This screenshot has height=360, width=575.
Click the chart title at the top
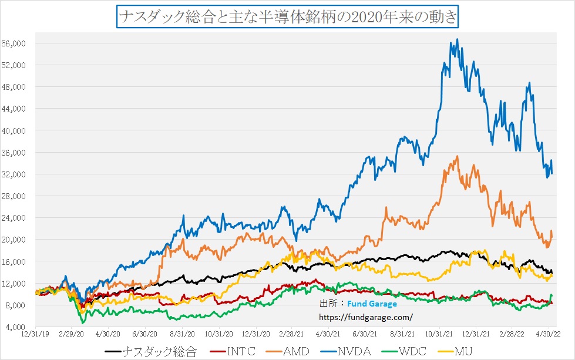[287, 16]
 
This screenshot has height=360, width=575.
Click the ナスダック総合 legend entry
[159, 352]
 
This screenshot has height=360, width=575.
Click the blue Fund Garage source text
[372, 304]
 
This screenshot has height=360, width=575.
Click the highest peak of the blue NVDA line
[457, 39]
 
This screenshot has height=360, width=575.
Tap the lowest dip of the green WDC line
[83, 323]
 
